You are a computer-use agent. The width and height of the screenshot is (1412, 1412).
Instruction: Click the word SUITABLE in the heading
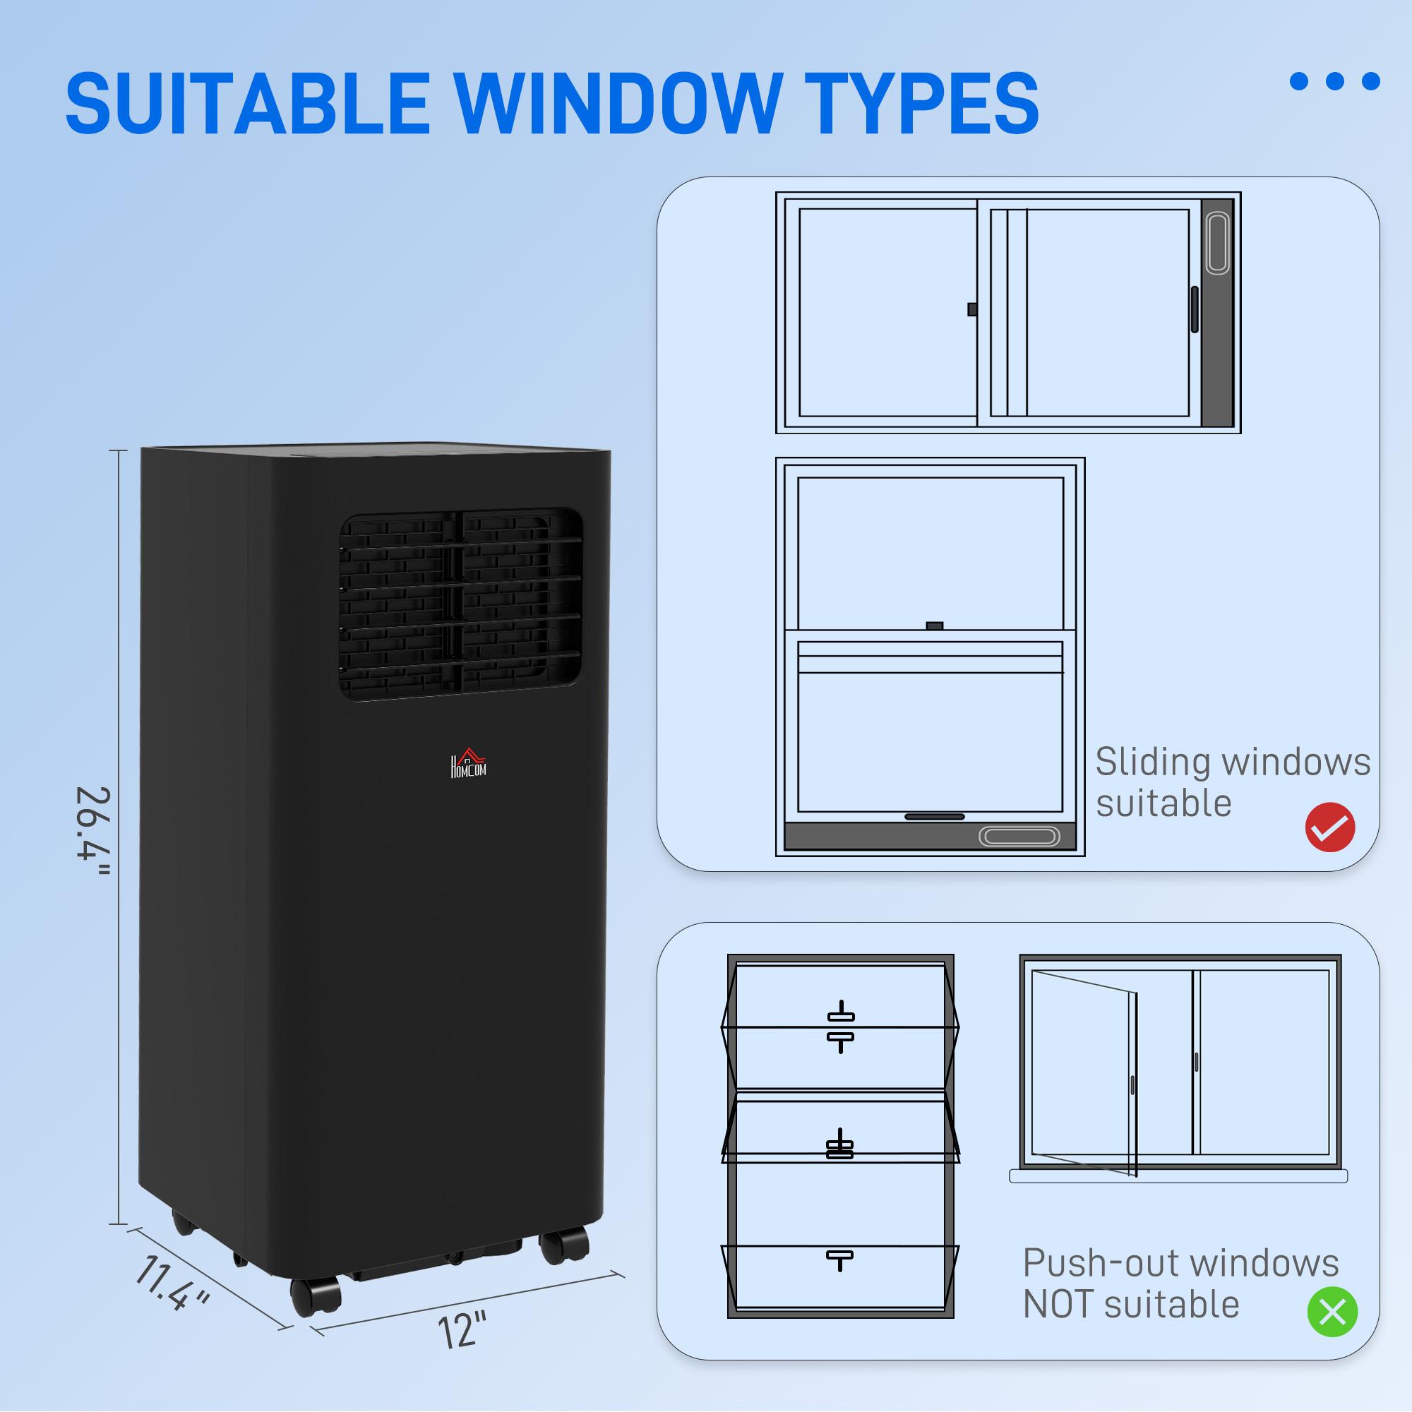pos(247,104)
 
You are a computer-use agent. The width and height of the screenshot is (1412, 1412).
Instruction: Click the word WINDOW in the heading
pos(618,104)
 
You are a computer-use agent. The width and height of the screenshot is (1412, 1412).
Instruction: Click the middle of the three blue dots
pos(1334,81)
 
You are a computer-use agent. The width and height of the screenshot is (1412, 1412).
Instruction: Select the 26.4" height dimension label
pos(94,831)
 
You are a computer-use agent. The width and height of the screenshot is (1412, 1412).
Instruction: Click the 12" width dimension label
pos(462,1330)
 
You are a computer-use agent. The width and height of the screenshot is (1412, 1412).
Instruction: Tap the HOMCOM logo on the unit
pos(469,764)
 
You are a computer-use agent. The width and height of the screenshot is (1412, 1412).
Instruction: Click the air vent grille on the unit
pos(460,604)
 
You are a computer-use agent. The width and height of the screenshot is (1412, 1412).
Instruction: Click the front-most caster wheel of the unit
pos(316,1296)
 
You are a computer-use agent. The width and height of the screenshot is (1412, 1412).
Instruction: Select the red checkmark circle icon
pos(1329,827)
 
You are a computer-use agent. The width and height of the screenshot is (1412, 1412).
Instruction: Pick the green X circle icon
pos(1332,1312)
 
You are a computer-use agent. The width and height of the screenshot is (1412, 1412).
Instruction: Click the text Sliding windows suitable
pos(1231,782)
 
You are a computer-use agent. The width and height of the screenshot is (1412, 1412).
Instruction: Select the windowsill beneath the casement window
pos(1178,1176)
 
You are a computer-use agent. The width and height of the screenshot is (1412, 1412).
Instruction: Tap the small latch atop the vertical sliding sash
pos(934,626)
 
